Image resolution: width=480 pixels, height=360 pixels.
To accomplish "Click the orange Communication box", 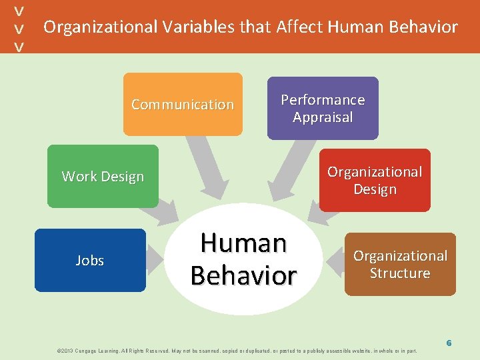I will (x=183, y=104).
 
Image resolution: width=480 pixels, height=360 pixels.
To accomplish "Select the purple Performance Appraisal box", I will (x=323, y=108).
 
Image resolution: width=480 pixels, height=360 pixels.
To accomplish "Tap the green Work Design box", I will (x=103, y=176).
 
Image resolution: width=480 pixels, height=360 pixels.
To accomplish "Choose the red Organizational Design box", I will (x=375, y=180).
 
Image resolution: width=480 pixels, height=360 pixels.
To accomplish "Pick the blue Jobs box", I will (x=89, y=260).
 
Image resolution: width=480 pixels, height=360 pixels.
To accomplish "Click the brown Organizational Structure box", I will (x=400, y=264).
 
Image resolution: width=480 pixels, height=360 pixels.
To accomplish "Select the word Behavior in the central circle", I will (x=243, y=275).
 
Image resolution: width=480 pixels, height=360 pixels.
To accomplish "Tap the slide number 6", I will (x=449, y=343).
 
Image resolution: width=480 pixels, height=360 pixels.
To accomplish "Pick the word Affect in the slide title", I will (x=299, y=27).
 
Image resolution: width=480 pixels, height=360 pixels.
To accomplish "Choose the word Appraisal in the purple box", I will (x=323, y=117).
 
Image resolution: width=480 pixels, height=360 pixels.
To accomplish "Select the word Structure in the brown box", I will (x=400, y=273).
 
